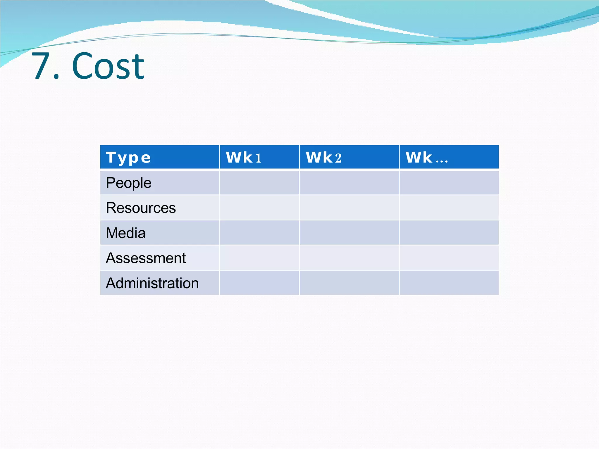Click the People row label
click(129, 183)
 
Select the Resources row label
click(141, 208)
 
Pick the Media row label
click(126, 233)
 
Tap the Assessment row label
click(146, 258)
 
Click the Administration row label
click(152, 283)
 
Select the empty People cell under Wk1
click(259, 183)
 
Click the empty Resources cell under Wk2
click(349, 208)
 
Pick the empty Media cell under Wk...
click(449, 233)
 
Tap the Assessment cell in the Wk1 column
click(259, 258)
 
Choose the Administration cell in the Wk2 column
click(349, 283)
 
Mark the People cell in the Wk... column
click(449, 183)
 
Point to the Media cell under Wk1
click(259, 233)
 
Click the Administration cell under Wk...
click(449, 283)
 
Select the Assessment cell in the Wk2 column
click(349, 258)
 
